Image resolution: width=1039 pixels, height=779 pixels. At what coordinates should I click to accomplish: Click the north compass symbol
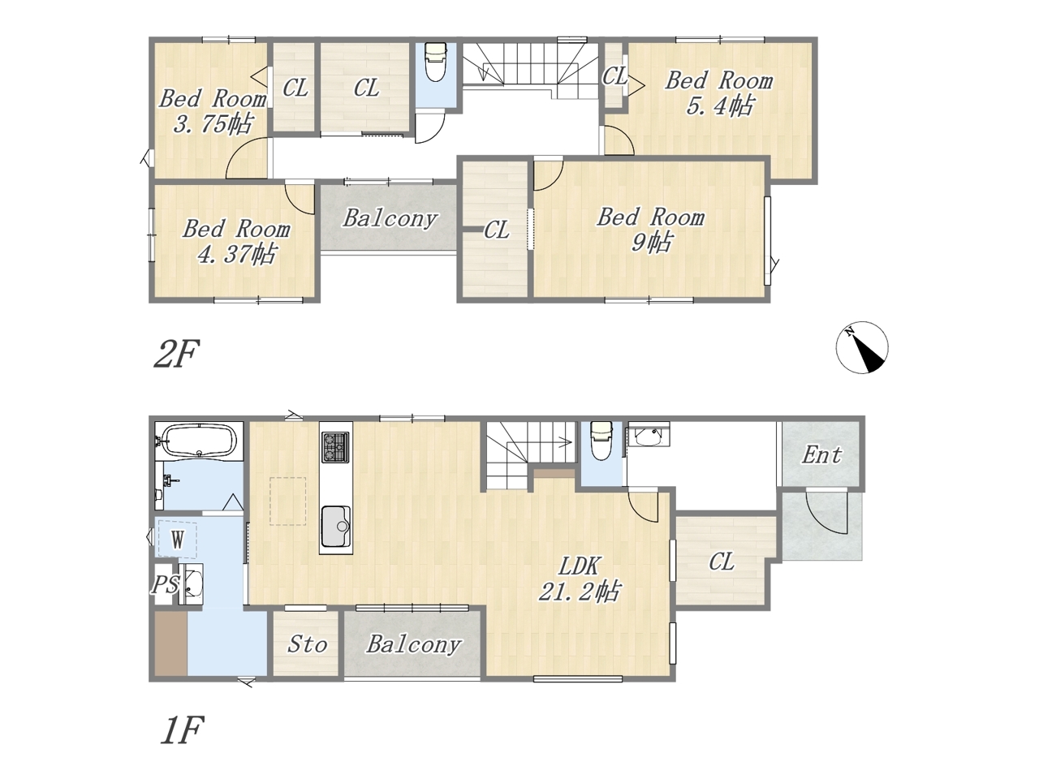pyautogui.click(x=861, y=347)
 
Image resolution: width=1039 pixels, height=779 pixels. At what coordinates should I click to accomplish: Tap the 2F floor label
pyautogui.click(x=175, y=353)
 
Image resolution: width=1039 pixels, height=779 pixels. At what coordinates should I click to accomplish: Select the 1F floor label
pyautogui.click(x=182, y=730)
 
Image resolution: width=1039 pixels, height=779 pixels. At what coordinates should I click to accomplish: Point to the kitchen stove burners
pyautogui.click(x=335, y=446)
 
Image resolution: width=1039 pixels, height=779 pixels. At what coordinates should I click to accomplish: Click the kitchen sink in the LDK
pyautogui.click(x=336, y=527)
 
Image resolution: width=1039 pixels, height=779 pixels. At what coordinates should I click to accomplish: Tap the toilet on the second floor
pyautogui.click(x=435, y=62)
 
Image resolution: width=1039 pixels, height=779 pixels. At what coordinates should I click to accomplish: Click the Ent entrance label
pyautogui.click(x=821, y=455)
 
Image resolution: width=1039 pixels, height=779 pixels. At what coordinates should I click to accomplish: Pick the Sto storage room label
pyautogui.click(x=307, y=644)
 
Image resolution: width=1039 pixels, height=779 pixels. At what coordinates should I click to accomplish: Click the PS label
pyautogui.click(x=166, y=584)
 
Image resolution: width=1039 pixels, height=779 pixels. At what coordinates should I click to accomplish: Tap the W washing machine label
pyautogui.click(x=178, y=540)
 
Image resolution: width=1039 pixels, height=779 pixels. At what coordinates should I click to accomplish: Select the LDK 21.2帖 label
pyautogui.click(x=580, y=579)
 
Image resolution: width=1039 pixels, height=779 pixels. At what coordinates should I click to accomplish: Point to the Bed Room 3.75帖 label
pyautogui.click(x=213, y=111)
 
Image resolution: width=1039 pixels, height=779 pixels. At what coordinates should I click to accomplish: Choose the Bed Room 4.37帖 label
pyautogui.click(x=236, y=241)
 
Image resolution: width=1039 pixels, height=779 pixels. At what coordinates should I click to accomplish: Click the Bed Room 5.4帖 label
pyautogui.click(x=719, y=93)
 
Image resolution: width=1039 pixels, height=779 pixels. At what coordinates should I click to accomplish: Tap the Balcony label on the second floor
pyautogui.click(x=390, y=218)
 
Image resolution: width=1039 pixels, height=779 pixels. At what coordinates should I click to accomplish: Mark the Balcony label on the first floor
pyautogui.click(x=414, y=644)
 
